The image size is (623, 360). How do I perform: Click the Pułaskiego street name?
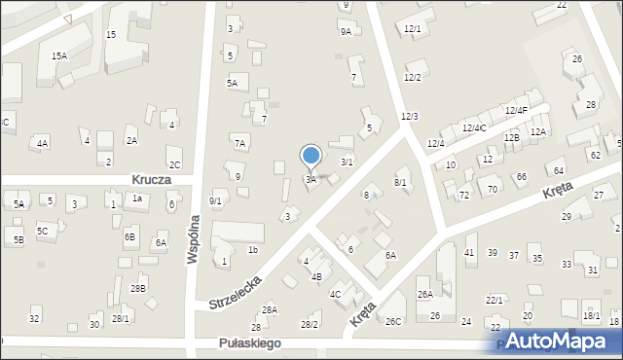250,343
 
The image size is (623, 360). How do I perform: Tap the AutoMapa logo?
557,342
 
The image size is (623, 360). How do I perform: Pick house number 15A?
59,55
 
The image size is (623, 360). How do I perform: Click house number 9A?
346,32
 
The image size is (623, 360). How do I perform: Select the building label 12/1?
413,29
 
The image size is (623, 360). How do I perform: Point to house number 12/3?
409,117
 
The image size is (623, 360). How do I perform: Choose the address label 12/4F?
516,111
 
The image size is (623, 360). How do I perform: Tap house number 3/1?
347,162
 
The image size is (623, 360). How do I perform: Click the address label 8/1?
400,182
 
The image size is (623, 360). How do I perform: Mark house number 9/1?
216,200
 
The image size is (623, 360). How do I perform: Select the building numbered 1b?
252,250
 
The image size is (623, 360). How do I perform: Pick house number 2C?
174,164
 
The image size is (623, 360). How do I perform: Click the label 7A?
239,143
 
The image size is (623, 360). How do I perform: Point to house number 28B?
138,288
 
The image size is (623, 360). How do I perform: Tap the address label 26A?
424,294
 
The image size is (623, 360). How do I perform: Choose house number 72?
464,196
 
